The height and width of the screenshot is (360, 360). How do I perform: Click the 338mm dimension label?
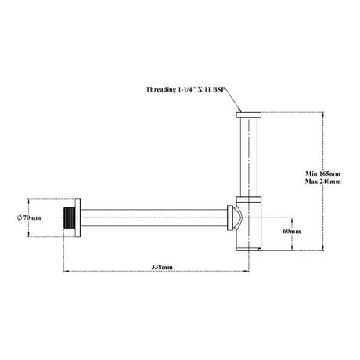162,267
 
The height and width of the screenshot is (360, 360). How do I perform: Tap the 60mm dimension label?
292,231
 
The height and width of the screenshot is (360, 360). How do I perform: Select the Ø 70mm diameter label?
29,218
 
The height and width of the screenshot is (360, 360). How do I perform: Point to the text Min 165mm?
323,174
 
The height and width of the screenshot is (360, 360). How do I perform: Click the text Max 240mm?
323,182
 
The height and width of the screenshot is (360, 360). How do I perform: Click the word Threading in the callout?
161,89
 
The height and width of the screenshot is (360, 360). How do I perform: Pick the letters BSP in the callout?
218,89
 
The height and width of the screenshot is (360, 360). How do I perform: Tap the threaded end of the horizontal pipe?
70,218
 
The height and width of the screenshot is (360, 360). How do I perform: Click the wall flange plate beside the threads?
77,218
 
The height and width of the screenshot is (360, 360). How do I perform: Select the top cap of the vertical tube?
249,115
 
